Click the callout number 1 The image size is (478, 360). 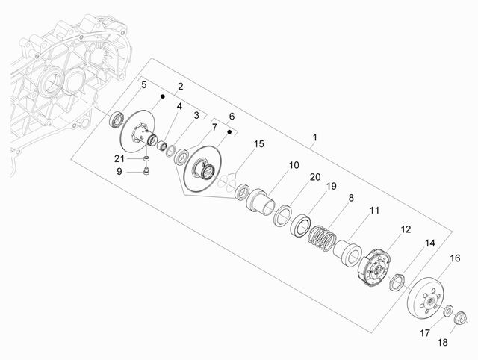315,137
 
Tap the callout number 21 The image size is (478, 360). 119,159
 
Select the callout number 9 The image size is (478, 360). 119,172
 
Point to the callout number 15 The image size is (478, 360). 259,144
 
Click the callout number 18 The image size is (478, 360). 443,343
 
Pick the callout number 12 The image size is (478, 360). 406,229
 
